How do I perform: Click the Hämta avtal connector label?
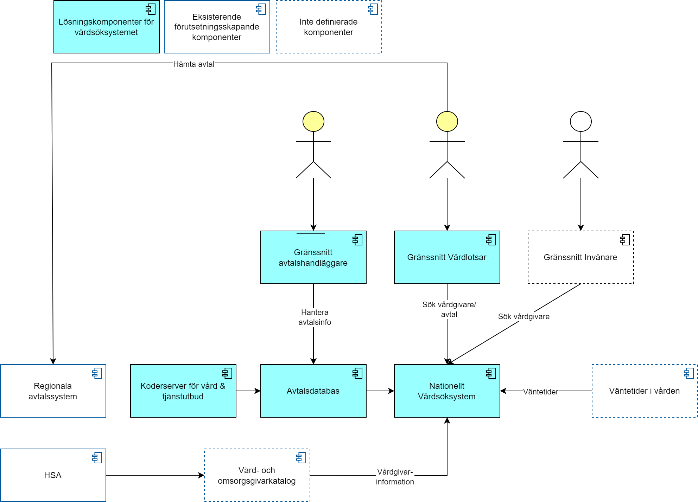(194, 64)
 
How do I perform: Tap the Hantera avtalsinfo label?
(315, 317)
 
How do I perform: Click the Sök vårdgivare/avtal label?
(449, 309)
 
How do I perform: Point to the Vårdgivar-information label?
(395, 477)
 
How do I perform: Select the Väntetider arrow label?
(540, 392)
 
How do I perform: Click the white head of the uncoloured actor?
(580, 122)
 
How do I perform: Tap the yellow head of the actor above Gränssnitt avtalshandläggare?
(313, 122)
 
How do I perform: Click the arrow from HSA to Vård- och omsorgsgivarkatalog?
(155, 475)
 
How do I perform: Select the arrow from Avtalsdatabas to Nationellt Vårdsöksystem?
(380, 391)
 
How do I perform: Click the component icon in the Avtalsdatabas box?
(357, 373)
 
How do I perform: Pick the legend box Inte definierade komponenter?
(329, 27)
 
